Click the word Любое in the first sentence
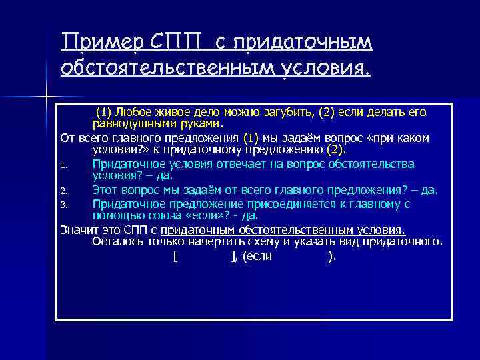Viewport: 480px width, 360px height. coord(136,112)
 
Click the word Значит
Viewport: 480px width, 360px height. coord(77,229)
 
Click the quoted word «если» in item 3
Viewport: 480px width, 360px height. coord(203,215)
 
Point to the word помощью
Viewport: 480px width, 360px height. coord(117,215)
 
